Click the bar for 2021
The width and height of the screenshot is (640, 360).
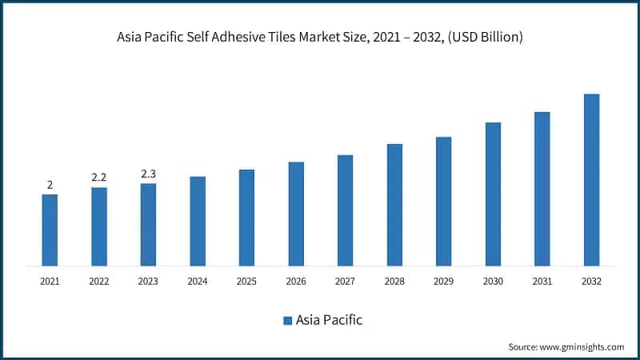click(50, 230)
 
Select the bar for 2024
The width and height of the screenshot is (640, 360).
click(198, 221)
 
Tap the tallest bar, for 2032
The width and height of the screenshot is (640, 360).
click(591, 180)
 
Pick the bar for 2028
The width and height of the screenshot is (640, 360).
click(394, 205)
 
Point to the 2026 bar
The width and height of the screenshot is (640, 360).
click(296, 214)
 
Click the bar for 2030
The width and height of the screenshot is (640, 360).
click(493, 194)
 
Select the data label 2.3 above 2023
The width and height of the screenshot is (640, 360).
click(148, 174)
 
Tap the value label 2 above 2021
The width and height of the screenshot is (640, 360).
click(50, 185)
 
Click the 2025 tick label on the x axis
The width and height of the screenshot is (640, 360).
click(246, 282)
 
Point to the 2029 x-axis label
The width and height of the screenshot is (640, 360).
click(443, 282)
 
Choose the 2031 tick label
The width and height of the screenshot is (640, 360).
click(542, 282)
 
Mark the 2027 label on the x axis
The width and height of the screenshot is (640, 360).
click(345, 282)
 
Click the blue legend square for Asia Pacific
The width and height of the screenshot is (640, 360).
click(286, 321)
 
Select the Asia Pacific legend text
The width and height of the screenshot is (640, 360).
click(329, 320)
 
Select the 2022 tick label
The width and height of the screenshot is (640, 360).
click(99, 282)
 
